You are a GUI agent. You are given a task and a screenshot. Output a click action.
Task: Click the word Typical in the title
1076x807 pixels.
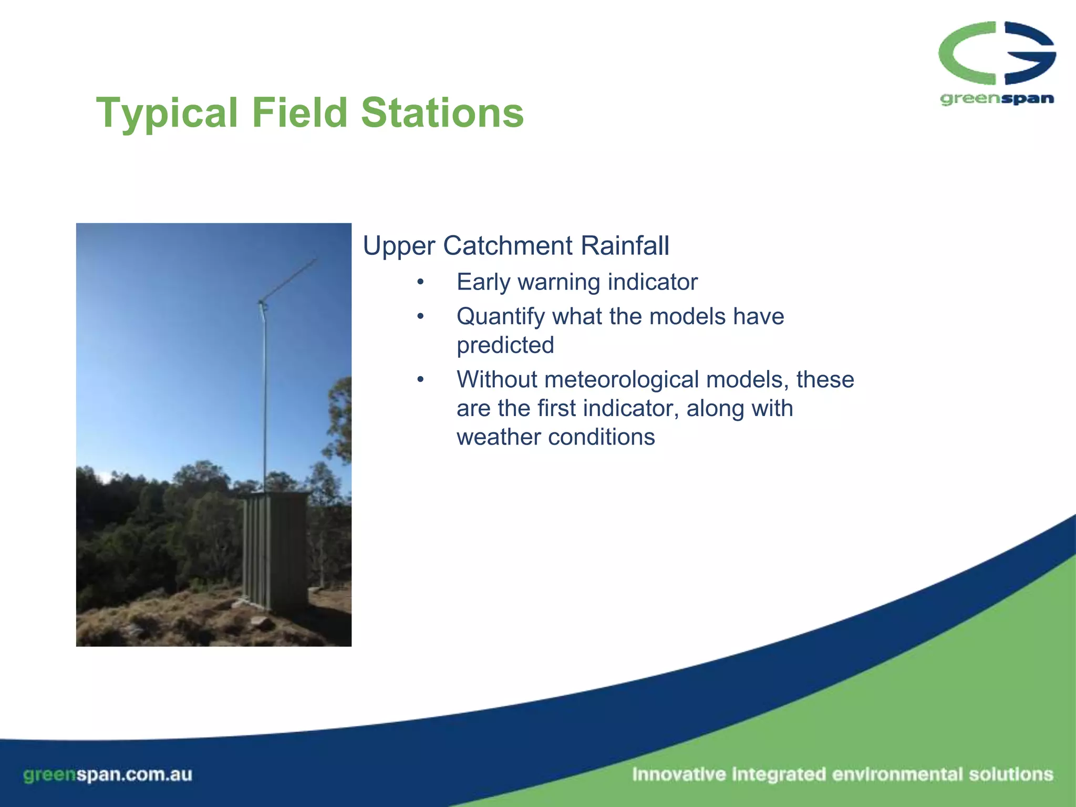pos(167,113)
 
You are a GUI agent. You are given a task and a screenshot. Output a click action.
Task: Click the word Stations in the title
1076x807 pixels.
pos(442,113)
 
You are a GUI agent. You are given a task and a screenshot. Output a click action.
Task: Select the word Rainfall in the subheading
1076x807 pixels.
pos(625,246)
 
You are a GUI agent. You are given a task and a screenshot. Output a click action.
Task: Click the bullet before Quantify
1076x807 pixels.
pos(420,317)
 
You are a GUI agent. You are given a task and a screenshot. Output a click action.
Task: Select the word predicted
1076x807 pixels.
pos(505,346)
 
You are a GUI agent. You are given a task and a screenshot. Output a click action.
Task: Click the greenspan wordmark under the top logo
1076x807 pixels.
pos(996,99)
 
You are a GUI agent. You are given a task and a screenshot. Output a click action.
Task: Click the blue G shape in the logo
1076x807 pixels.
pos(1030,53)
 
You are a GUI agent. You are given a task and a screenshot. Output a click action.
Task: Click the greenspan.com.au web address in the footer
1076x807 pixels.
pos(108,774)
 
